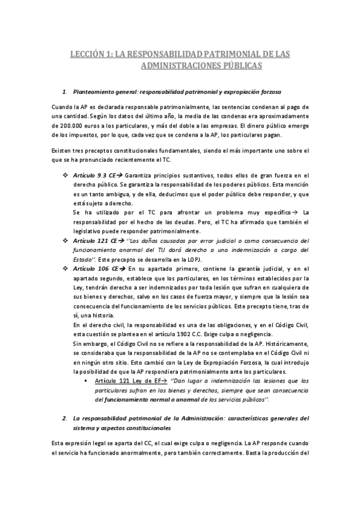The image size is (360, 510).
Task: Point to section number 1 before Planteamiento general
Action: [64, 92]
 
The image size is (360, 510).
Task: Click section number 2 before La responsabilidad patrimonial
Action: [64, 418]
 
